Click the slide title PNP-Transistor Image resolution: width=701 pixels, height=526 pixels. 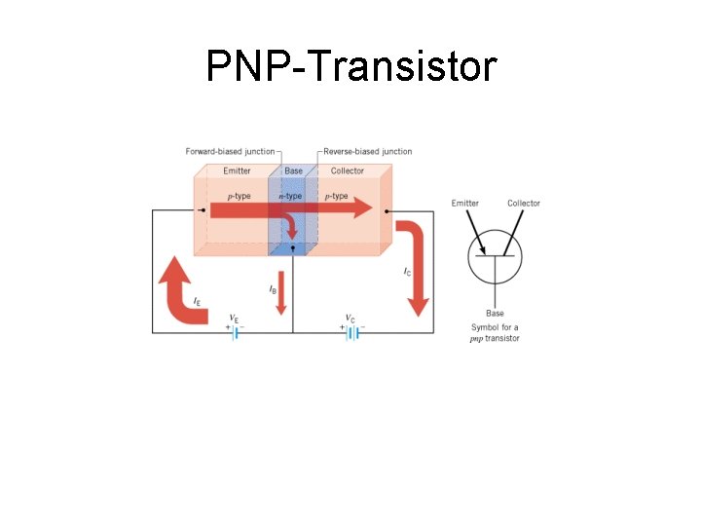(x=350, y=67)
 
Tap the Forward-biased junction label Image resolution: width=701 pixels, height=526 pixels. (x=230, y=152)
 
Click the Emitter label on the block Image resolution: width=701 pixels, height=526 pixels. (x=237, y=171)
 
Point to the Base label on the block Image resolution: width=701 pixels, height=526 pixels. (x=293, y=171)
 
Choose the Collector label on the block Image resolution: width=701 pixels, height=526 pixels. (x=348, y=171)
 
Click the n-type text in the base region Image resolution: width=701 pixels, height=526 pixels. (x=291, y=197)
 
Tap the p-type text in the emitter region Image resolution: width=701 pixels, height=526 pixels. (x=239, y=197)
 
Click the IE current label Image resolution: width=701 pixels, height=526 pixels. (x=198, y=301)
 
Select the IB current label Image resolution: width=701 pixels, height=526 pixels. (x=273, y=290)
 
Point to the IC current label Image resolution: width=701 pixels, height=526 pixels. (x=407, y=272)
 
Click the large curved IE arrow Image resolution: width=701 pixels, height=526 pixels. (x=181, y=292)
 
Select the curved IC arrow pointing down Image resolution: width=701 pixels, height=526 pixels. (x=416, y=263)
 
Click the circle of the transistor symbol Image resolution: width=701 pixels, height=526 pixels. (x=495, y=257)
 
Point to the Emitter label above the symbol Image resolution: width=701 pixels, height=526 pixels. (x=464, y=204)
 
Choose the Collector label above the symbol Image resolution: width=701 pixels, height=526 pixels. (x=524, y=204)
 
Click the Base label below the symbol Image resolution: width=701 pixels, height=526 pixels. (x=495, y=314)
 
